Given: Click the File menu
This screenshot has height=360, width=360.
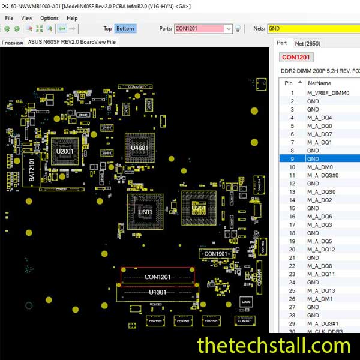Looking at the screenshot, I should coord(9,18).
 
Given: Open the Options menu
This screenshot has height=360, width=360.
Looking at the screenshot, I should coord(49,18).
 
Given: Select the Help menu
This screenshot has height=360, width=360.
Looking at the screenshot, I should coord(73,18).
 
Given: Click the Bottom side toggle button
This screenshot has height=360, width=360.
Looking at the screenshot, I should coord(125,28).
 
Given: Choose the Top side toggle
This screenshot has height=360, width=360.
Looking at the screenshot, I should coord(107,28).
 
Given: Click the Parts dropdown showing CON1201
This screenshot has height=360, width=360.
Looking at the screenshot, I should coord(203,28).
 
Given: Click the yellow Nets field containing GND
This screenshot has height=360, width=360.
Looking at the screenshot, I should coord(312,28).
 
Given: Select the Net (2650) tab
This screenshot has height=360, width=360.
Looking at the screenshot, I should coord(307,43).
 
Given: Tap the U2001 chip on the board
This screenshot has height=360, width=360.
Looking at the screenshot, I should coord(64,152).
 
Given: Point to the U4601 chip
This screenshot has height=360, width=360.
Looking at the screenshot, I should coord(140,148).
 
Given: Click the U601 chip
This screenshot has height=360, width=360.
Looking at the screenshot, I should coord(145,212).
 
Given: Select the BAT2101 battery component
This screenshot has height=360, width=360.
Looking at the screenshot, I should coord(32,170).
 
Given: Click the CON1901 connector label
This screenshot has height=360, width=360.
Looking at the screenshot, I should coord(216,254).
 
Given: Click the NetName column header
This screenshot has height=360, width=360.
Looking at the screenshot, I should coord(319,83).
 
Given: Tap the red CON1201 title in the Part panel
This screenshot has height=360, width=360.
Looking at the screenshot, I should coord(296,58).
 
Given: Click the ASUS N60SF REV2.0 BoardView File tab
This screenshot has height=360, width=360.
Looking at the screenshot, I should coord(71,42).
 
